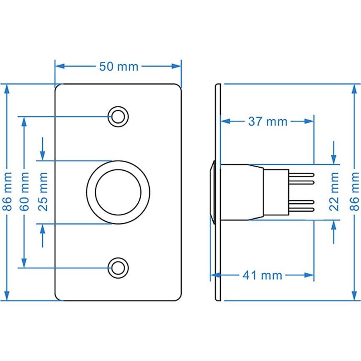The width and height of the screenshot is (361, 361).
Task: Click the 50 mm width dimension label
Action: [x=119, y=66]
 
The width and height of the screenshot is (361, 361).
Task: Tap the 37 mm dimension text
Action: [x=268, y=121]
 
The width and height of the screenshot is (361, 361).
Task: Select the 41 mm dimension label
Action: [x=262, y=275]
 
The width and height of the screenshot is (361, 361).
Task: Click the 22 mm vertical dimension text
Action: [x=334, y=192]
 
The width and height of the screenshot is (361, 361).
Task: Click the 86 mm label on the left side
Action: [x=6, y=192]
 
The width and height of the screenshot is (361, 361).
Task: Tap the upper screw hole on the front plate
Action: [x=118, y=116]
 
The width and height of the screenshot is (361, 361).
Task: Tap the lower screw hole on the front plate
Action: [x=118, y=268]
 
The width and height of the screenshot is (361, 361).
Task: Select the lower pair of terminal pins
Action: [x=301, y=205]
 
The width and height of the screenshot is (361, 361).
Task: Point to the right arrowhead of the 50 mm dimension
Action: [x=178, y=66]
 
